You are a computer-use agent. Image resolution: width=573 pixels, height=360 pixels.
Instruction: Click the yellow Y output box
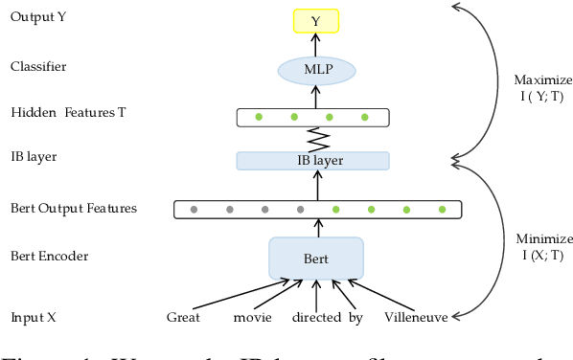(316, 20)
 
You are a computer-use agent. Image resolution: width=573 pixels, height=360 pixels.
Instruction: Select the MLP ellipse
(316, 69)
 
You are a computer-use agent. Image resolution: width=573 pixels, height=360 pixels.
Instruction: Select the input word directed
(316, 317)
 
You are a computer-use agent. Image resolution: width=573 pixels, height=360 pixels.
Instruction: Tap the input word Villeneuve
(416, 317)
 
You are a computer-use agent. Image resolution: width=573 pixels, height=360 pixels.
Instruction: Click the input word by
(355, 317)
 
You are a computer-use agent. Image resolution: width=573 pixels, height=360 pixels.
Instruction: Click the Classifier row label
(38, 67)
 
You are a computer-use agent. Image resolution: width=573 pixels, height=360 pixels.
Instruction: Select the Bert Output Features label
(74, 208)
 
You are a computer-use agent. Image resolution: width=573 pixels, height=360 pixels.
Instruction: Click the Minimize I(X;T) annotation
(542, 247)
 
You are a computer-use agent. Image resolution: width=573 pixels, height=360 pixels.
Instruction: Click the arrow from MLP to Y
(316, 45)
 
